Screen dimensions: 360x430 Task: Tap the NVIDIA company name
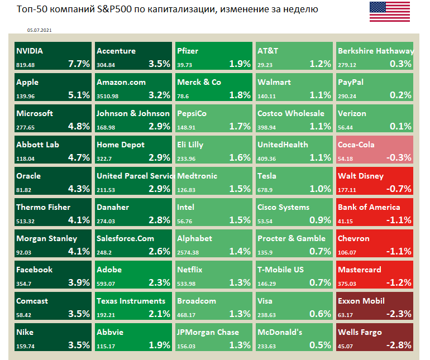click(x=30, y=51)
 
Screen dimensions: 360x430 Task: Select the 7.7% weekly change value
click(x=79, y=64)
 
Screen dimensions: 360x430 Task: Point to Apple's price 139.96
click(x=25, y=96)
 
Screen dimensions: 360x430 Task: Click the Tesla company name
click(x=267, y=176)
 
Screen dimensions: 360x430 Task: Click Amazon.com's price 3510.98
click(x=109, y=96)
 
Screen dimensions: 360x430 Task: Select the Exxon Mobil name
click(x=361, y=301)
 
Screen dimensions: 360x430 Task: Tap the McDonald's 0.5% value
click(x=320, y=345)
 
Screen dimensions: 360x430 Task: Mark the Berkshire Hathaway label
click(x=375, y=51)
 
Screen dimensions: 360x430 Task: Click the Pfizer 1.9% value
click(x=240, y=64)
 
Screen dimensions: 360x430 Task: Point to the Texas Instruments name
click(x=131, y=301)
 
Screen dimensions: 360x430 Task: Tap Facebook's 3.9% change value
click(x=79, y=282)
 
